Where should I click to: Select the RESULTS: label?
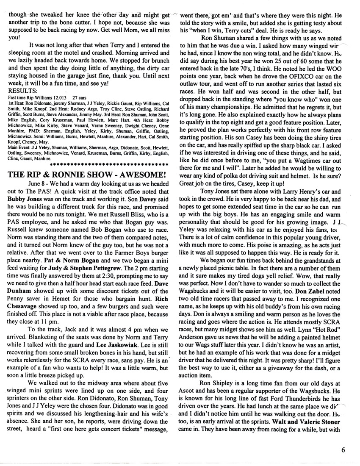23,90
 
